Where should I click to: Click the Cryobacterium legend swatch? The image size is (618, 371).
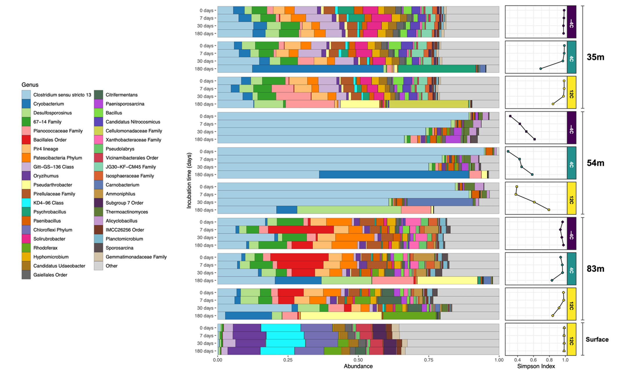coord(26,104)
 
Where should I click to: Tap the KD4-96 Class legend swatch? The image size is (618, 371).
coord(26,203)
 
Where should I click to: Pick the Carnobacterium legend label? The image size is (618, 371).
coord(122,185)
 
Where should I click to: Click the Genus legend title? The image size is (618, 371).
coord(30,85)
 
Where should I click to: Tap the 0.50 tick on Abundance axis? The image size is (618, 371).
coord(358,360)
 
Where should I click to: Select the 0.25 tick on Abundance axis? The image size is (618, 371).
coord(288,360)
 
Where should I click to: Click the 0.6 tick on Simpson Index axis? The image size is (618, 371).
coord(533,360)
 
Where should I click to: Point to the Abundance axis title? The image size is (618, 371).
coord(358,366)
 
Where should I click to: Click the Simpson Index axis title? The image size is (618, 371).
coord(536,366)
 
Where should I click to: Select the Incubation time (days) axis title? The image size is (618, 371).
coord(189,180)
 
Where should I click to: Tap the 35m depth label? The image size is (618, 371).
coord(595,57)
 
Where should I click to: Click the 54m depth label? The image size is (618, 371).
coord(595,163)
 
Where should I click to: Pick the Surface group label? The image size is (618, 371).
coord(597,339)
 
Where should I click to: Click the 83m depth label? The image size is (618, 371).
coord(595,269)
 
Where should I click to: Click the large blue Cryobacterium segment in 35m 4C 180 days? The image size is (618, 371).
coord(318,69)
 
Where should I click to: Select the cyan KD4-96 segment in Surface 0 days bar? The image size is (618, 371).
coord(281,328)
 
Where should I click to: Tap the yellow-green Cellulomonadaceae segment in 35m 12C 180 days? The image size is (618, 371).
coord(429,104)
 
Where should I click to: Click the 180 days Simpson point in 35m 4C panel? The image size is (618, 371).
coord(541,69)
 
